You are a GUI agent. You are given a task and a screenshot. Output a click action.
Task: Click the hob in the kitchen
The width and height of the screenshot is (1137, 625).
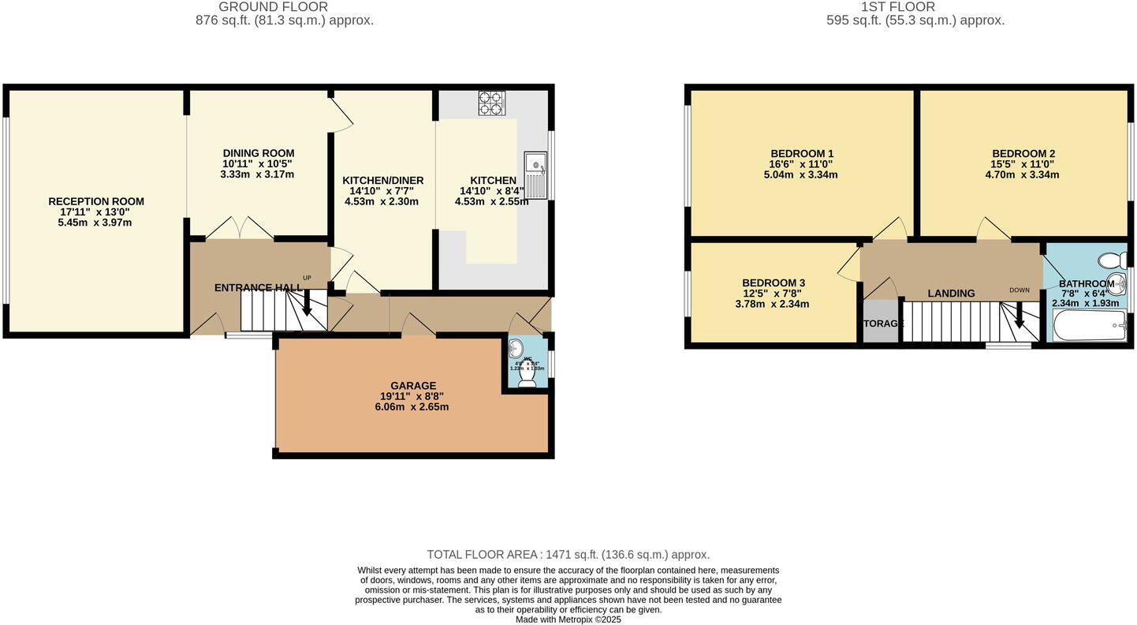[492, 103]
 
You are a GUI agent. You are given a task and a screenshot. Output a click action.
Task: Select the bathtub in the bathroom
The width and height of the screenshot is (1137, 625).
[1090, 325]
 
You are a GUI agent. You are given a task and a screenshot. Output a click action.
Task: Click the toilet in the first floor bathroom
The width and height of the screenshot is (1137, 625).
[1113, 260]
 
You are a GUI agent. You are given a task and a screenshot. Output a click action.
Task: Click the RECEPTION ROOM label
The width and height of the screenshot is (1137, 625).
[96, 201]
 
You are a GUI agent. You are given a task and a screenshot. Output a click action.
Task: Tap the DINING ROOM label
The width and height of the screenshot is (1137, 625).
[258, 153]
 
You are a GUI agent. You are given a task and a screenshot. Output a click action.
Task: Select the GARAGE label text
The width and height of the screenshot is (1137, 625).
[412, 386]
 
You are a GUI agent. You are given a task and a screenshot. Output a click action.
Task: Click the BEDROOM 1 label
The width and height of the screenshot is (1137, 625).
[802, 153]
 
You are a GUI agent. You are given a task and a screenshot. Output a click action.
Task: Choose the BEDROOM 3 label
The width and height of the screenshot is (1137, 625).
[773, 283]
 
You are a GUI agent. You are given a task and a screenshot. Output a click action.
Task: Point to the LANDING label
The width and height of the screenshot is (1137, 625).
[951, 294]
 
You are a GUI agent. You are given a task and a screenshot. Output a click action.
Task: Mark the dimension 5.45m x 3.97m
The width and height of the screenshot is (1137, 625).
[95, 223]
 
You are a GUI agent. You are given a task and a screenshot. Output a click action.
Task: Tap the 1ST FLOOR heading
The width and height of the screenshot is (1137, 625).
[897, 7]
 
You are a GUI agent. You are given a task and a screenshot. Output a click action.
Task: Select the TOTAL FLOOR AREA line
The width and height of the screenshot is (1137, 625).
[568, 555]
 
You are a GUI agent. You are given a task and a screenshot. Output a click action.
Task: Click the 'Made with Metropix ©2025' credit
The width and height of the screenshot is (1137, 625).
[568, 619]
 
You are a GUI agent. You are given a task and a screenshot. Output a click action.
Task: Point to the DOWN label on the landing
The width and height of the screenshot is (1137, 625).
[1020, 290]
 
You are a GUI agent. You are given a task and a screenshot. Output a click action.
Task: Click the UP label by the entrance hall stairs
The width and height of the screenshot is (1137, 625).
[307, 278]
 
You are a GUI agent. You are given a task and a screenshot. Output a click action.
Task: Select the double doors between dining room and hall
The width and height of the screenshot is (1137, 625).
[240, 228]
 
